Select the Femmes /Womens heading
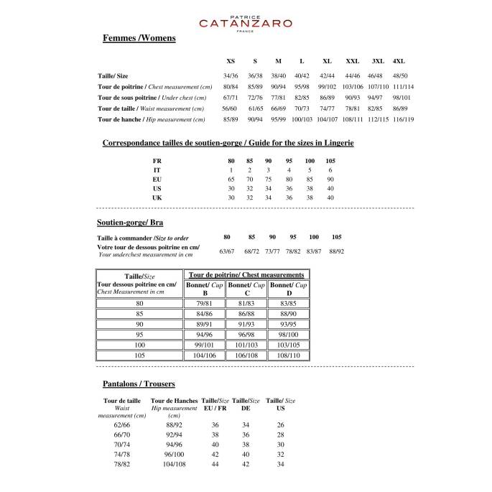point(139,38)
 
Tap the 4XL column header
point(399,61)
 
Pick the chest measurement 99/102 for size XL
point(327,86)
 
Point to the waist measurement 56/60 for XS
point(231,108)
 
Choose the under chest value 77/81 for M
point(278,97)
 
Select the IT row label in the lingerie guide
point(157,170)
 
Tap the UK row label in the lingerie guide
point(157,197)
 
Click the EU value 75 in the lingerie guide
point(269,179)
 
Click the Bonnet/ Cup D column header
point(289,289)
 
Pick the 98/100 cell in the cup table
point(289,334)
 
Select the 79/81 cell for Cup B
point(205,304)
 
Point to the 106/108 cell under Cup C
point(248,355)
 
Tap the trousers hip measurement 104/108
point(174,464)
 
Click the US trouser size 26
point(280,424)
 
